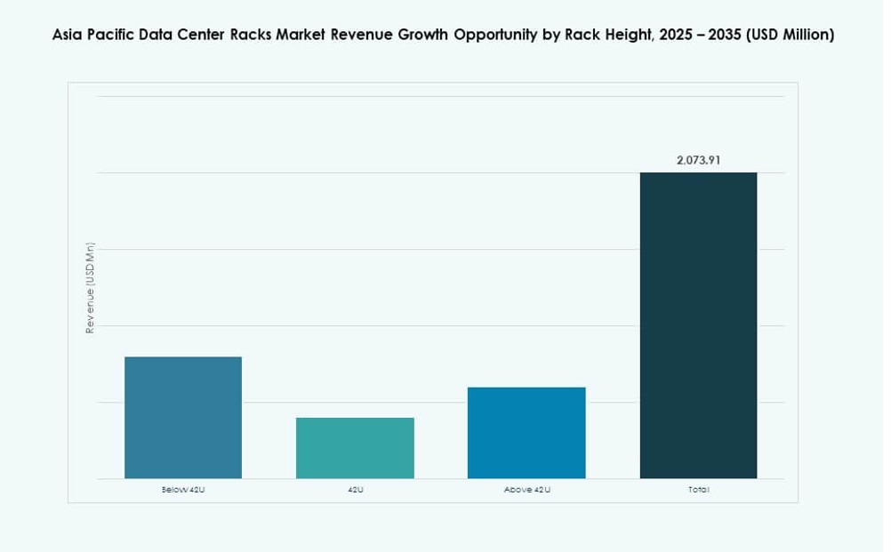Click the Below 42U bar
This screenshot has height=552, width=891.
coord(182,418)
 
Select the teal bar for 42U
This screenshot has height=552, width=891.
coord(355,448)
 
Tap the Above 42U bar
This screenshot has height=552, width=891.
coord(526,433)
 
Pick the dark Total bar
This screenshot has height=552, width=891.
coord(698,325)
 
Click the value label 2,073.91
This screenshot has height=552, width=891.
coord(698,160)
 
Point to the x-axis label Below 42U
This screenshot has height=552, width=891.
coord(182,490)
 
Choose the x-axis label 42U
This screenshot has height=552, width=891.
coord(355,490)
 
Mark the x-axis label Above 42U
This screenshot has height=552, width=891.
coord(526,490)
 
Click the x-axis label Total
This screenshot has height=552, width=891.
coord(698,490)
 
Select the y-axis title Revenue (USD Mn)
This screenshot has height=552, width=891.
coord(90,288)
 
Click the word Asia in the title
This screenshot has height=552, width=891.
coord(69,35)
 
